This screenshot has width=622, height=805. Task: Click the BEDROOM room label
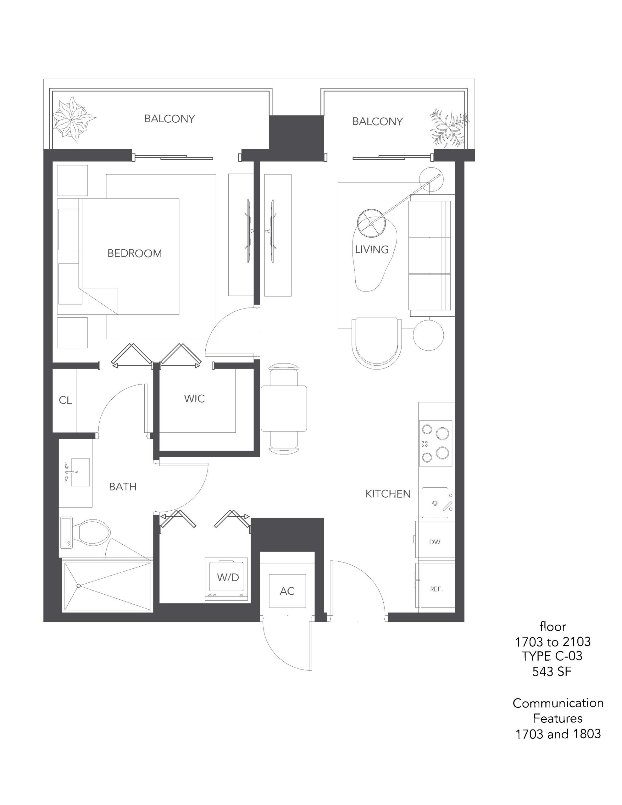tap(135, 253)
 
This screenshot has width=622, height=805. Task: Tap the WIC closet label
tap(194, 398)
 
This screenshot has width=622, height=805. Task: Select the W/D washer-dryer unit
tap(226, 579)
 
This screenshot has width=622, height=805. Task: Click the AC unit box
tap(287, 591)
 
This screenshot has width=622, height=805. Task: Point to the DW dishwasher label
tap(435, 542)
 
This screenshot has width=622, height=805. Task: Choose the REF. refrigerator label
tap(436, 589)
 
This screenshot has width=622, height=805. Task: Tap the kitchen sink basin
tap(435, 503)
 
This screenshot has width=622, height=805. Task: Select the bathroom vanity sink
tap(80, 472)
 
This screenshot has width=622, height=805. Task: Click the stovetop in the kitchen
tap(436, 443)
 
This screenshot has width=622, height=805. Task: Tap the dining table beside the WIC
tap(284, 408)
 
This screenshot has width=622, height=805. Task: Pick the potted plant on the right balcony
tap(449, 126)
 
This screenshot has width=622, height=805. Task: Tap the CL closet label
tap(65, 400)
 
